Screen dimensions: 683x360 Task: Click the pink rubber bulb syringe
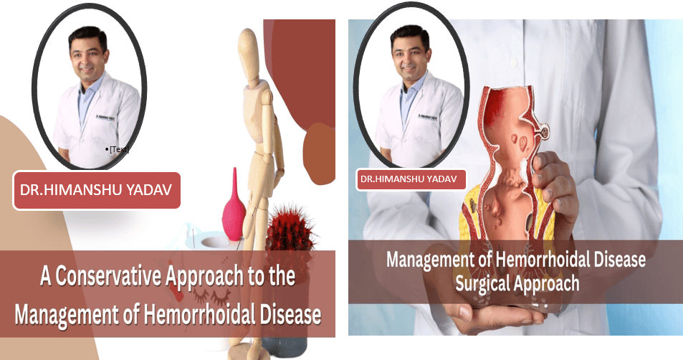point(234,206)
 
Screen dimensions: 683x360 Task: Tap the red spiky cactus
point(290,229)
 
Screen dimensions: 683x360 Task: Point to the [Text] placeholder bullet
point(117,149)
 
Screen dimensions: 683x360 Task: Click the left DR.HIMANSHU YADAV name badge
point(96,190)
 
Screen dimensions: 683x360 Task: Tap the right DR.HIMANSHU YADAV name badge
point(411,179)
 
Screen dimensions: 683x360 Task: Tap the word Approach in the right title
point(546,284)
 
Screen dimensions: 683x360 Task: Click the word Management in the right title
point(430,260)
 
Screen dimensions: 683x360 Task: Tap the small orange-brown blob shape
point(319,153)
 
